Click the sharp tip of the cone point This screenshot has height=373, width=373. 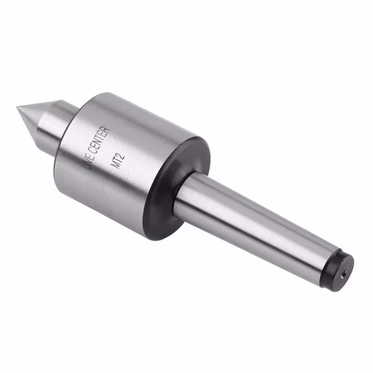click(17, 108)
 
